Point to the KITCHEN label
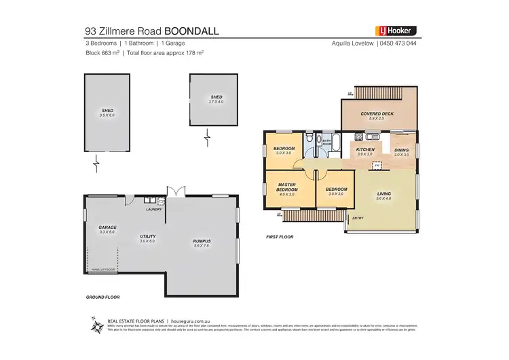point(366,149)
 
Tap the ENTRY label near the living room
point(357,218)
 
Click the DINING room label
point(401,150)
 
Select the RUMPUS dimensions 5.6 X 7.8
point(202,246)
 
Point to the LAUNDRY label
point(153,209)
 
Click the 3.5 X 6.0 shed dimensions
point(107,115)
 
